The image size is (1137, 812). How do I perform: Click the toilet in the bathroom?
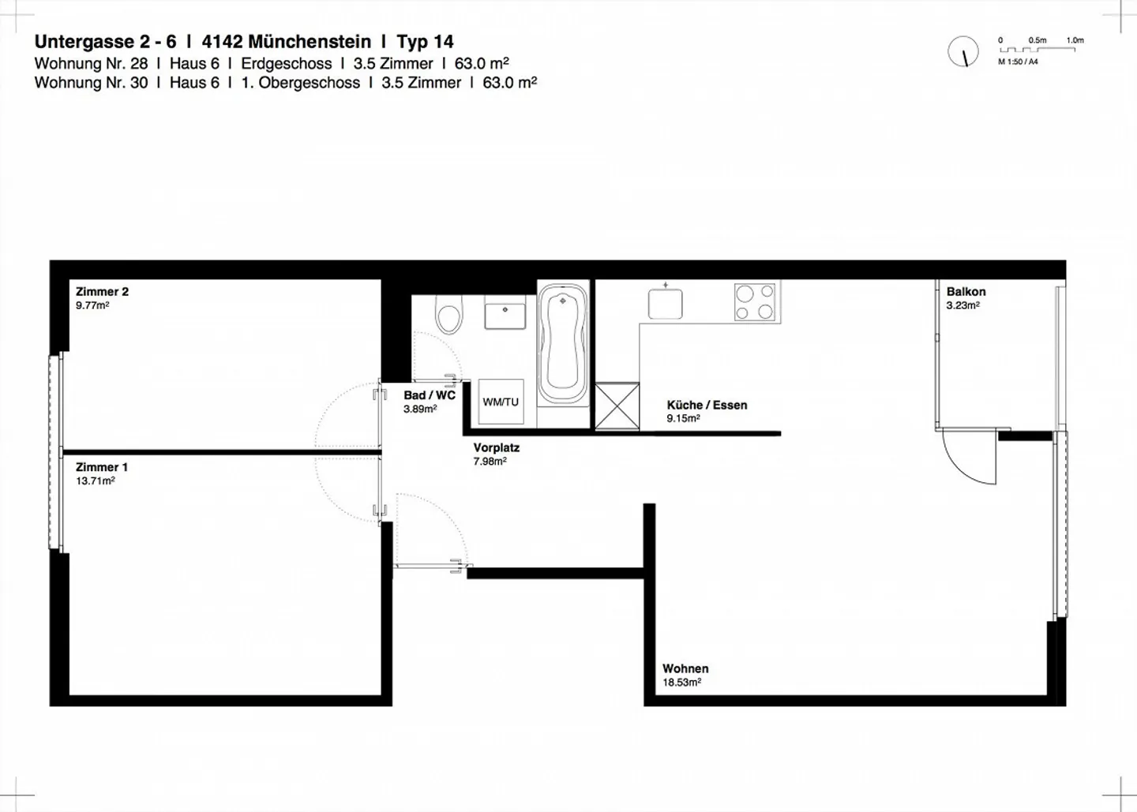[449, 317]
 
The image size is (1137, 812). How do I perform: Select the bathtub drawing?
[562, 345]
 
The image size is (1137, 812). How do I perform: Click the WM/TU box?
[501, 402]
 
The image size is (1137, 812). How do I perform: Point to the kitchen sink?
[666, 302]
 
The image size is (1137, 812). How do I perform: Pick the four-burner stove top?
[755, 302]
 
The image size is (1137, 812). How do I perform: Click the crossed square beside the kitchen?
[617, 406]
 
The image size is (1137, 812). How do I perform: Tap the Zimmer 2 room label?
[102, 292]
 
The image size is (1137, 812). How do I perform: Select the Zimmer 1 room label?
[101, 467]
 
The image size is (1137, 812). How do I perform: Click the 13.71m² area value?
[95, 481]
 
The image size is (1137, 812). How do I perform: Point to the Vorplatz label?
[496, 447]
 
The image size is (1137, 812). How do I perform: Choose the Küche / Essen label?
[707, 405]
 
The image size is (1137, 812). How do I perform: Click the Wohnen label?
[685, 668]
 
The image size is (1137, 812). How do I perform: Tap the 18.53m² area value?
[681, 683]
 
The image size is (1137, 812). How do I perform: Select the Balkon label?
[966, 292]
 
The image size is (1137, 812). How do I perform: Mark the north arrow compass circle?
[963, 52]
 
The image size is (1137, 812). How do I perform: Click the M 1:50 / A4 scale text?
[1018, 62]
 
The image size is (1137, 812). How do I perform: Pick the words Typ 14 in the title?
[425, 42]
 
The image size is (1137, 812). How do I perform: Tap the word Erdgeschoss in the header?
[287, 64]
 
